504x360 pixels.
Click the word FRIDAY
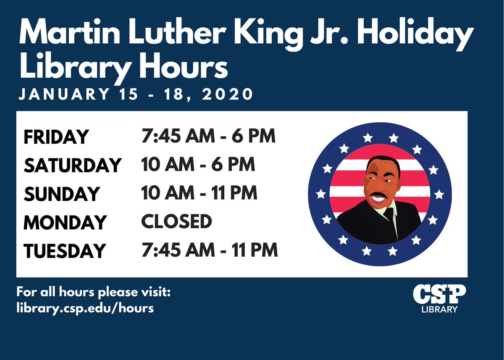tap(56, 137)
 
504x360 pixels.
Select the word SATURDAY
tap(72, 166)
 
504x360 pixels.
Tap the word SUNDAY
tap(61, 194)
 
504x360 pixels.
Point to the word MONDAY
tap(65, 222)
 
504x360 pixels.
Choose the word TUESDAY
tap(64, 251)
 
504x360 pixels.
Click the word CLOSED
tap(176, 221)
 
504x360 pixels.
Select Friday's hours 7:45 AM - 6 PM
tap(208, 136)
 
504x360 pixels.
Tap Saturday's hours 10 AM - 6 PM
tap(198, 165)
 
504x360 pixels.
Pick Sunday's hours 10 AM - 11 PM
tap(199, 193)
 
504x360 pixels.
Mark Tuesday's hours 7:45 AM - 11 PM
tap(210, 250)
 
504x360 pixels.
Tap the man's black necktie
tap(389, 214)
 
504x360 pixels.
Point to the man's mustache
tap(378, 196)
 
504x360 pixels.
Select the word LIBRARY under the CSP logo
tap(439, 310)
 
